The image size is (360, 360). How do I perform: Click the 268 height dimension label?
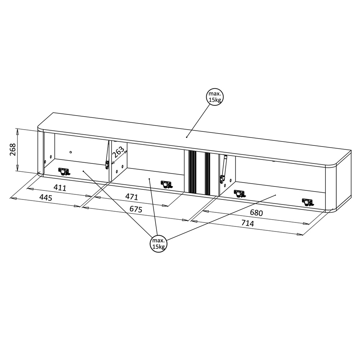[13, 149]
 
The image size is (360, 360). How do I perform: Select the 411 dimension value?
[60, 188]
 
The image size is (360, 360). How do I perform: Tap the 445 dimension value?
[46, 197]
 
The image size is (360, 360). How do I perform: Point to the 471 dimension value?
[132, 197]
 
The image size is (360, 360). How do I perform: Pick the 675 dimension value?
[136, 209]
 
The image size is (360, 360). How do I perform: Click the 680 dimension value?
[256, 213]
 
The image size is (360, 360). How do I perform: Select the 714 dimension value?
[248, 223]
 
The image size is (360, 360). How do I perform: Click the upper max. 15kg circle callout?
[215, 97]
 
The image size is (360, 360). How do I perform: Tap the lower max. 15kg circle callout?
[159, 244]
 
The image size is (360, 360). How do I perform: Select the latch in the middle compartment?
[167, 184]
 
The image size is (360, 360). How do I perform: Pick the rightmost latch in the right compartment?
[308, 202]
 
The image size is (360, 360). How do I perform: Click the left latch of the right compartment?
[240, 194]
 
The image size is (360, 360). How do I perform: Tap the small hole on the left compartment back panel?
[71, 152]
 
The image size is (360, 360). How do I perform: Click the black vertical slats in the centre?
[199, 172]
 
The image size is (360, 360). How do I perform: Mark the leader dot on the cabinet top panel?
[186, 137]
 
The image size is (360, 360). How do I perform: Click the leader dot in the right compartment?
[275, 195]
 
